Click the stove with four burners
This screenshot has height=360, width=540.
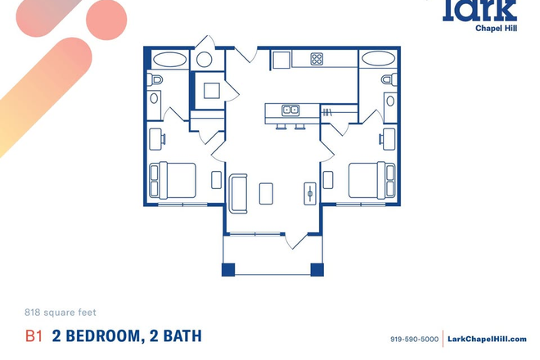[317, 59]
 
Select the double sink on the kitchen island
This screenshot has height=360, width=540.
[290, 110]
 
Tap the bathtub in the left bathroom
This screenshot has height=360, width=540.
[169, 60]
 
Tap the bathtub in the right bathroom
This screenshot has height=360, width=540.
[378, 60]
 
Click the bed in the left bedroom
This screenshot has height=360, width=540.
[173, 179]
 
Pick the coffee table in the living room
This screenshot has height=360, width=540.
[267, 192]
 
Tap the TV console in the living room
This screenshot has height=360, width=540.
[310, 192]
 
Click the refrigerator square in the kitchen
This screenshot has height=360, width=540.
[281, 60]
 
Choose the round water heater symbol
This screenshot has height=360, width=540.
[204, 60]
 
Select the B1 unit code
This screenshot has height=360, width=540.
[34, 335]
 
